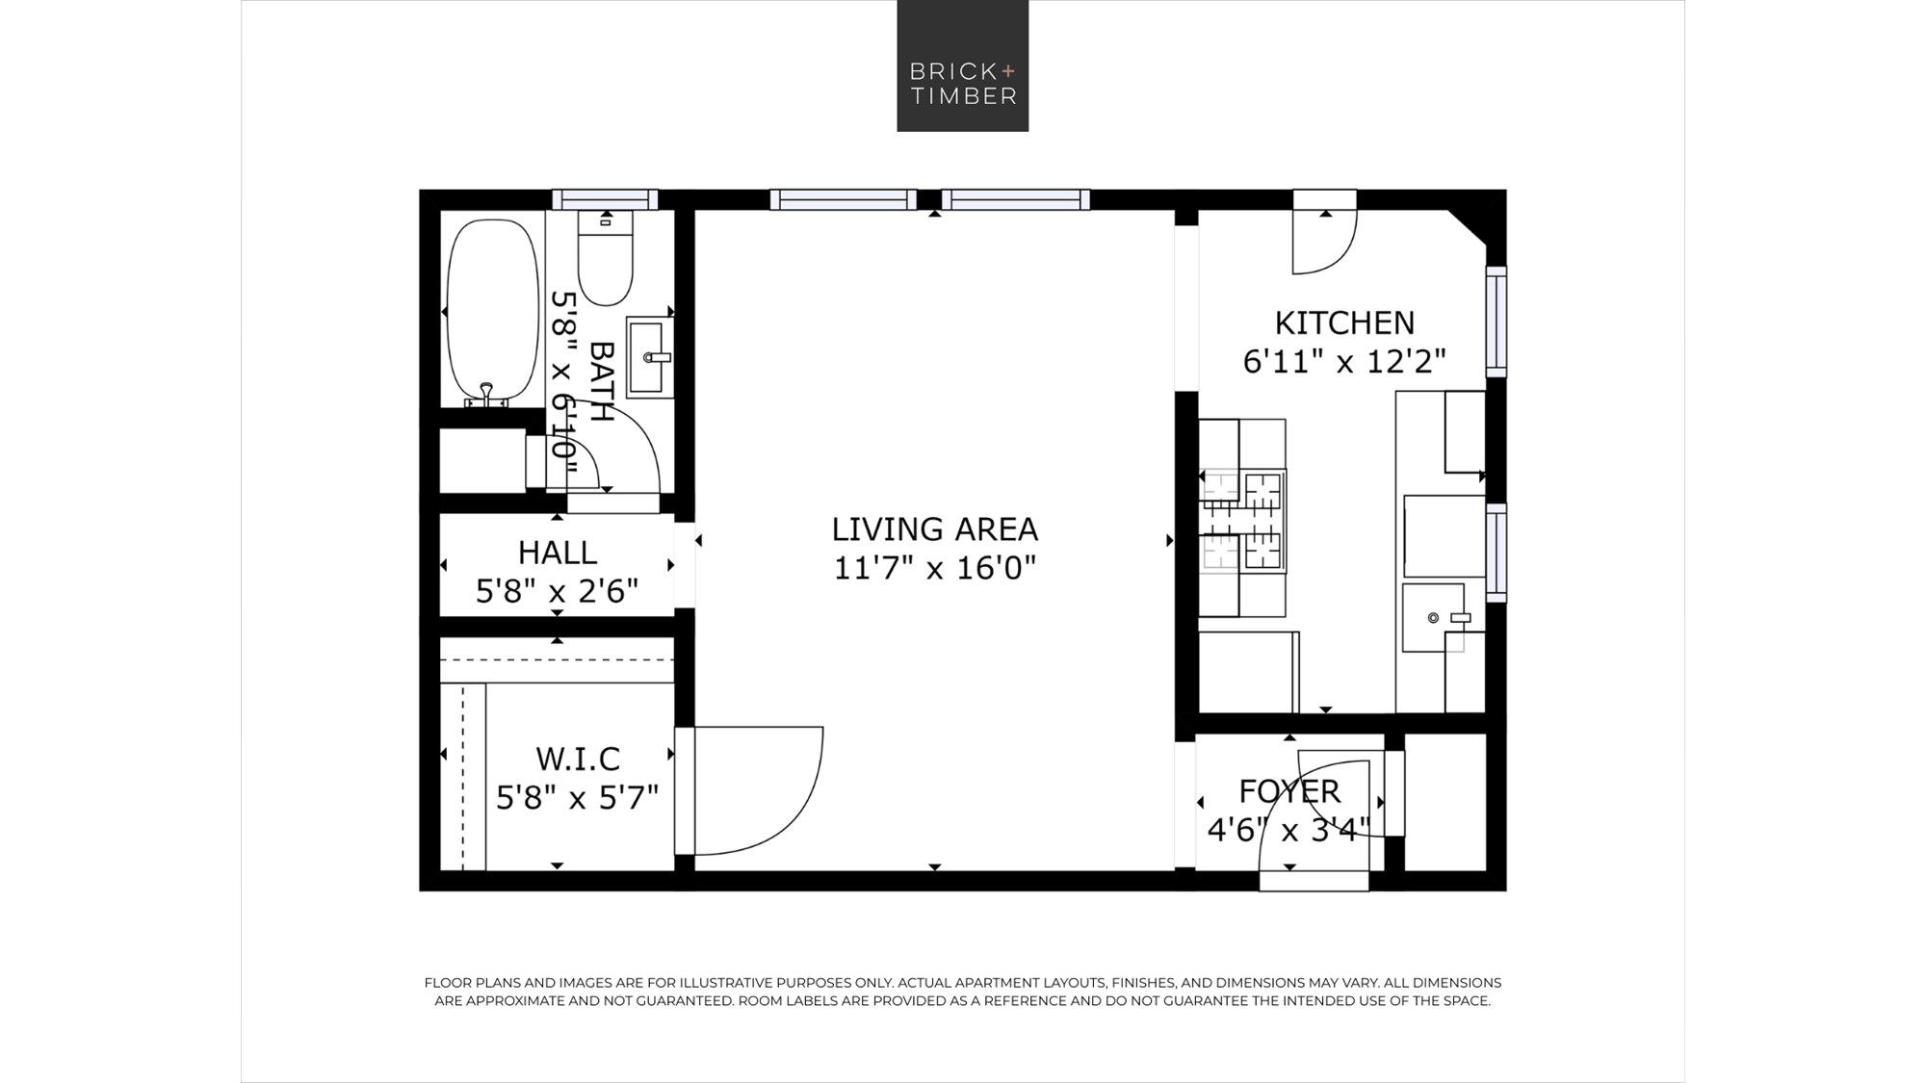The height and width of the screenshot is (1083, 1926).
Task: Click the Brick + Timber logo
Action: (x=963, y=65)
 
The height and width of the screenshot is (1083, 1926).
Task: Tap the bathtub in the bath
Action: (x=493, y=310)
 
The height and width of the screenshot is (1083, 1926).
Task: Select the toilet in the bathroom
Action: (x=606, y=258)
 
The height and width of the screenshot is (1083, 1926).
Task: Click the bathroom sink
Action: (x=650, y=357)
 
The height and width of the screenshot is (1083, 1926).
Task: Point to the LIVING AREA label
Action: (x=934, y=529)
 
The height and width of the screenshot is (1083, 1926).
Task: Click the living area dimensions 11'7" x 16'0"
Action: (x=934, y=568)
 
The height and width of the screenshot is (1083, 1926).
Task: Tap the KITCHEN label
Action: (x=1344, y=322)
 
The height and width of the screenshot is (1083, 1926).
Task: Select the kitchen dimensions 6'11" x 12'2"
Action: (x=1344, y=362)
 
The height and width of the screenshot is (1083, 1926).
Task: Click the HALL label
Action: (x=558, y=553)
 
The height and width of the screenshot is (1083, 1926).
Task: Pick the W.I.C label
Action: (x=578, y=759)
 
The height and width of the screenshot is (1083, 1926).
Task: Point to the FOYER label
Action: (x=1289, y=791)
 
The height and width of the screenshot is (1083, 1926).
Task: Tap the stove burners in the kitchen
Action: (x=1243, y=520)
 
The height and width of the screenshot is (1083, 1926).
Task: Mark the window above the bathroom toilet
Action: (x=605, y=199)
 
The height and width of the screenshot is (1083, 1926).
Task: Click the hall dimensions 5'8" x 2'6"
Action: (x=558, y=591)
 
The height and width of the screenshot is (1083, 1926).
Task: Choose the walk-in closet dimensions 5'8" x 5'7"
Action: (x=578, y=798)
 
